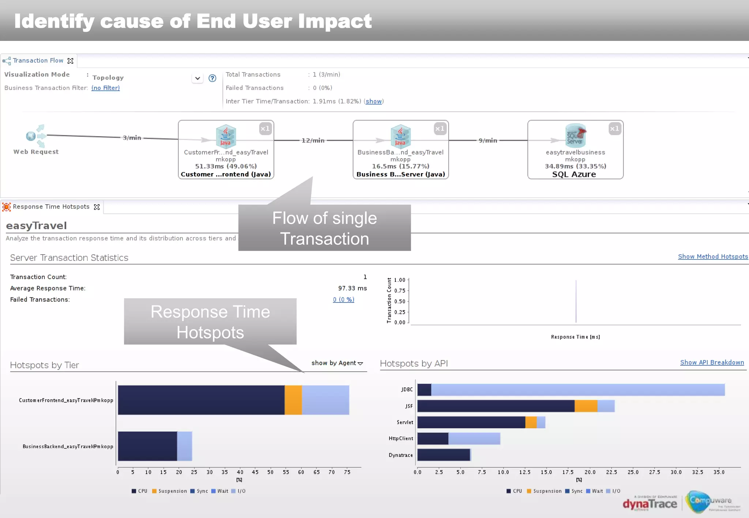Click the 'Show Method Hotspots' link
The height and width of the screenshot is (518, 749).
712,256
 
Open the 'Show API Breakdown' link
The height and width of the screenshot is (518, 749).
712,362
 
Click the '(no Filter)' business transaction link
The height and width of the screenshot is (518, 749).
105,88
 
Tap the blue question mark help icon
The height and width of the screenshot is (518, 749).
212,78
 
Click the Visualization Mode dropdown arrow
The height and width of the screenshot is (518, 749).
197,78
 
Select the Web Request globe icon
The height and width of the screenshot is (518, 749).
31,136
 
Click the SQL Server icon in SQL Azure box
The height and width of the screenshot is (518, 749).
575,135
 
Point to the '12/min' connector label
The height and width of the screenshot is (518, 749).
313,141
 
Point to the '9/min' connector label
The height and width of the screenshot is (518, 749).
488,141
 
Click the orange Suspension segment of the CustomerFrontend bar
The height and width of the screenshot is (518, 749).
293,400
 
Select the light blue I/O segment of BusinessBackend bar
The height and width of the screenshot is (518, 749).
185,446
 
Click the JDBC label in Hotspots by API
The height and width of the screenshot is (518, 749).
407,389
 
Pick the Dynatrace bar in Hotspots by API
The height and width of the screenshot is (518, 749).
444,455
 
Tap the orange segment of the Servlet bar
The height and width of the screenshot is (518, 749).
531,422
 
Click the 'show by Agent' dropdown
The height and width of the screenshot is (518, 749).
337,363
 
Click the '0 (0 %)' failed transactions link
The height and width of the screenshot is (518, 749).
343,300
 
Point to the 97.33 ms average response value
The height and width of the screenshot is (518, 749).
352,288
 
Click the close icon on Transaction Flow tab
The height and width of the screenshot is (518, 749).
71,61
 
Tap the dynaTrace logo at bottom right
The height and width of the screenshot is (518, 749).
650,504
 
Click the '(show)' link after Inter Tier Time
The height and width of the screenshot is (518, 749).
373,101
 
